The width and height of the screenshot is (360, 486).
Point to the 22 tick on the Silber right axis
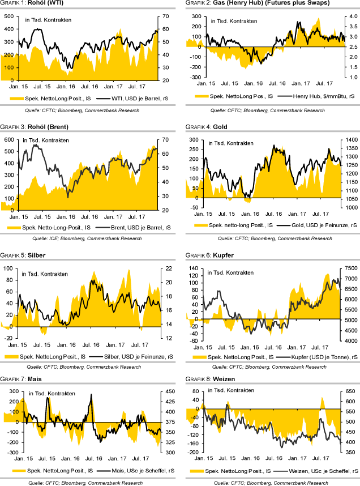(x=167, y=268)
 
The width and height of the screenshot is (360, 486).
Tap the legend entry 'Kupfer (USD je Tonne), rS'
(x=318, y=356)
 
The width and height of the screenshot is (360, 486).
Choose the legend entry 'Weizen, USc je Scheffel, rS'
(x=317, y=471)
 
